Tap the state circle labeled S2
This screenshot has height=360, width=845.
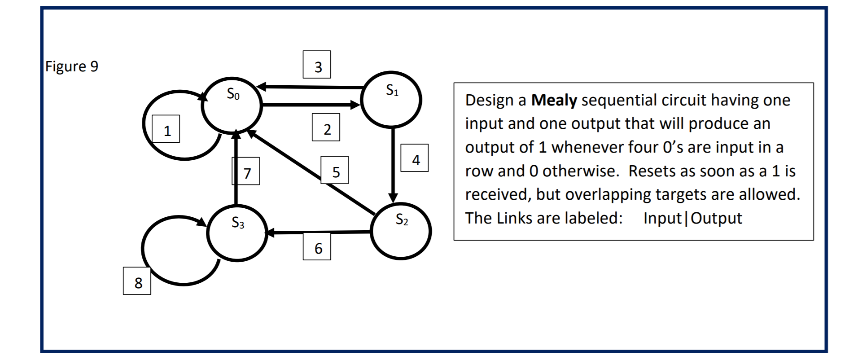coord(401,231)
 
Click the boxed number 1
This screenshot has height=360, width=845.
coord(166,129)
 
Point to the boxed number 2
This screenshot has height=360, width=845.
coord(326,127)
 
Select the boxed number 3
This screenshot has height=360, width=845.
coord(317,65)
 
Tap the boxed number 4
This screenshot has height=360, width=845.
coord(415,158)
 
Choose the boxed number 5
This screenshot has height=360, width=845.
coord(335,170)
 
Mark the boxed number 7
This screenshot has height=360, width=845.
coord(246,171)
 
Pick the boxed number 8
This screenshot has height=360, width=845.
coord(137,281)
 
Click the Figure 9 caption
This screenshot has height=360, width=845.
coord(72,66)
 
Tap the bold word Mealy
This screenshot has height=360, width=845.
coord(554,100)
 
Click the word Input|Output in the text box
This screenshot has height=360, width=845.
coord(692,218)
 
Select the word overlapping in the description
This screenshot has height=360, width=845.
coord(605,194)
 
